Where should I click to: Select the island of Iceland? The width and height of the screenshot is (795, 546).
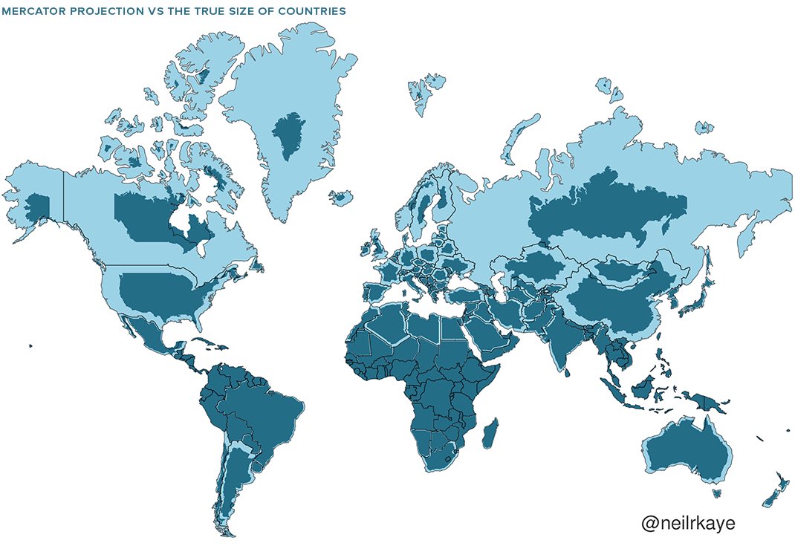pyautogui.click(x=340, y=198)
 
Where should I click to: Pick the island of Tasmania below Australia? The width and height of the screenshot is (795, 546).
pyautogui.click(x=716, y=492)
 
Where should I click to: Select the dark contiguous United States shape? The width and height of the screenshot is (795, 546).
pyautogui.click(x=160, y=294)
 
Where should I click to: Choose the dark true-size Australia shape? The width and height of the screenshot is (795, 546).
pyautogui.click(x=687, y=450)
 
